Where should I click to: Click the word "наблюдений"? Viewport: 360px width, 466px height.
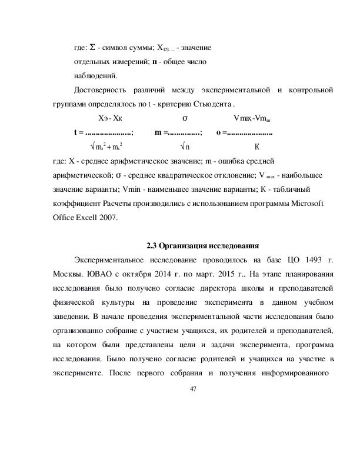pos(95,75)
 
